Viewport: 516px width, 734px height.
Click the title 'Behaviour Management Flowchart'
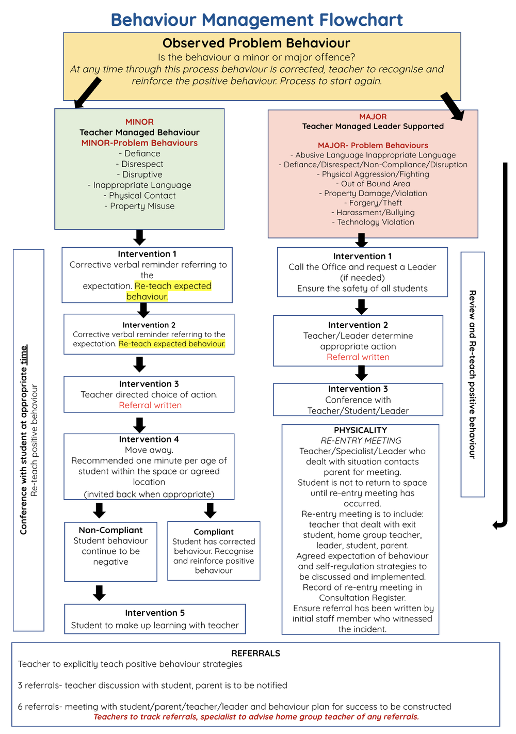256,20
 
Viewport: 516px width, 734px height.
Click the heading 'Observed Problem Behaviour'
256,43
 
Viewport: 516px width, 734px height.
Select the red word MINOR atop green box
139,122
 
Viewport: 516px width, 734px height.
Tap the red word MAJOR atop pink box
373,117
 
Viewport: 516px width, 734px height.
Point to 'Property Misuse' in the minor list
142,206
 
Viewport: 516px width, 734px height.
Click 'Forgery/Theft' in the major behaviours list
373,203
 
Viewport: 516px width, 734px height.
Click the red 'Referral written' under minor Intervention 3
150,405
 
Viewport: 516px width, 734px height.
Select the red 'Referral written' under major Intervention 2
358,357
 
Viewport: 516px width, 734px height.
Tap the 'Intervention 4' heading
149,439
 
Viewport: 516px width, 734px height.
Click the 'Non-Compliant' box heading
110,530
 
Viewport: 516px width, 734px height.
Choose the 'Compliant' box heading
214,532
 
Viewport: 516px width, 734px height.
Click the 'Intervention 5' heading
155,613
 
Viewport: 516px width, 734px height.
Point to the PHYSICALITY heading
360,430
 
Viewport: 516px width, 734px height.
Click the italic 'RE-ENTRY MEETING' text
361,440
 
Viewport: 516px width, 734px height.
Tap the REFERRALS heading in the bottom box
255,653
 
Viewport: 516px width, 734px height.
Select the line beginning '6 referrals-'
234,707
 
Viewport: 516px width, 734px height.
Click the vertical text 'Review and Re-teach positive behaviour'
472,374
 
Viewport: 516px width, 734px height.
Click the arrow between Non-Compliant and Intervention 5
99,593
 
